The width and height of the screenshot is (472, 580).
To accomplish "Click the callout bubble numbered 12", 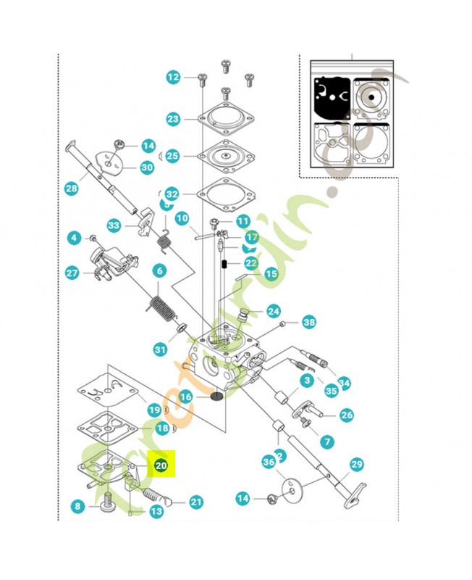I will tap(172, 77).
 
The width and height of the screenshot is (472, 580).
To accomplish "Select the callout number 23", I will tap(172, 119).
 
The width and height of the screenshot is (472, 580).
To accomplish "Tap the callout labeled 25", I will tap(172, 156).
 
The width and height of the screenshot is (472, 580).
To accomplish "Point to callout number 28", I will tap(71, 189).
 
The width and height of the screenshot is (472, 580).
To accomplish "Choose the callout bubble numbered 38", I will tap(309, 322).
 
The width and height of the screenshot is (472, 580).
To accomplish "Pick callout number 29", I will tap(355, 464).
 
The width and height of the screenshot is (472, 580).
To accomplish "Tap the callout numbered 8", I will tap(78, 506).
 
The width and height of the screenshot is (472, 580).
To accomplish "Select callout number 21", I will tap(196, 502).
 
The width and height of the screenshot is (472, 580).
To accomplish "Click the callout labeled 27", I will tap(72, 273).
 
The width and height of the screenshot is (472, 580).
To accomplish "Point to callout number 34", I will tap(344, 382).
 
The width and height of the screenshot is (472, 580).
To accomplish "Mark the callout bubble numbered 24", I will tap(273, 311).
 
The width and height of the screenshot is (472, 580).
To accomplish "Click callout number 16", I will tap(185, 397).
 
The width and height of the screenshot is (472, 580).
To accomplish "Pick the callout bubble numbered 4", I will tap(73, 237).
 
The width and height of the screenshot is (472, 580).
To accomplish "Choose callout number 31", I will tap(160, 349).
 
